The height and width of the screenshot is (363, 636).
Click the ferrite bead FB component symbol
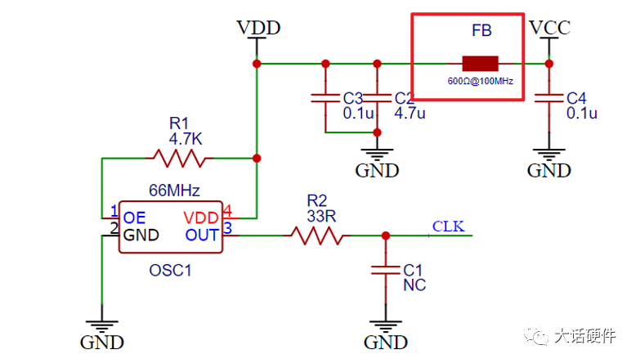tap(480, 64)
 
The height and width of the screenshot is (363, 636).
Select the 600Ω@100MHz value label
tap(480, 82)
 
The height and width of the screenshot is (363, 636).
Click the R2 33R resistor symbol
tap(316, 235)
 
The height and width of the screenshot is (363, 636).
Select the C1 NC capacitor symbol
tap(386, 270)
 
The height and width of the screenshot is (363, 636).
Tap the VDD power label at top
tap(258, 28)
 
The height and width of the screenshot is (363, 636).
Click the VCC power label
tap(549, 28)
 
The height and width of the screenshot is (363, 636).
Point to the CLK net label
tap(448, 226)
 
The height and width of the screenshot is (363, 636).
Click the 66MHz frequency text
tap(173, 190)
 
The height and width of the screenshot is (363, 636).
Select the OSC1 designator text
tap(170, 269)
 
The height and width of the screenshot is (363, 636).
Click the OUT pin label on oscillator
tap(201, 235)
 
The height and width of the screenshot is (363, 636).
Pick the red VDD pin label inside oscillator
tap(201, 218)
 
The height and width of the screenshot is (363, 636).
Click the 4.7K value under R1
tap(186, 139)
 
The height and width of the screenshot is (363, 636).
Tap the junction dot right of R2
tap(386, 235)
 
